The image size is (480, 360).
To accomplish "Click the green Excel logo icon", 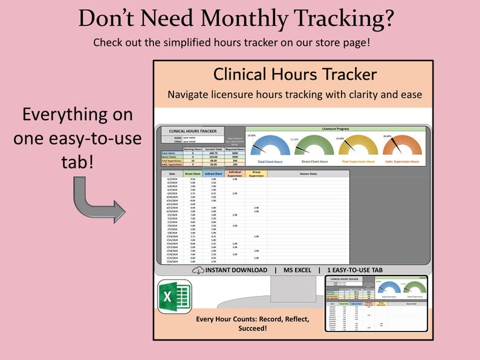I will (175, 297).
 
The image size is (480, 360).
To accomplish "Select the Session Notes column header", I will (308, 174).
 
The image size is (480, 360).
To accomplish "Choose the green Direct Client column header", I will (192, 174).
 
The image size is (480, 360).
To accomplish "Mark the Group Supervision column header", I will (256, 174).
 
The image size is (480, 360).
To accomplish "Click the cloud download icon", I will (198, 271).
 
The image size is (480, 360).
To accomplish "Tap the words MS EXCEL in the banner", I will (297, 271).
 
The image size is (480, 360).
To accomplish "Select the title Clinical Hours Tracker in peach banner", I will (294, 74).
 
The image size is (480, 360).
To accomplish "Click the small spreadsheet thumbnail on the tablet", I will (375, 303).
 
